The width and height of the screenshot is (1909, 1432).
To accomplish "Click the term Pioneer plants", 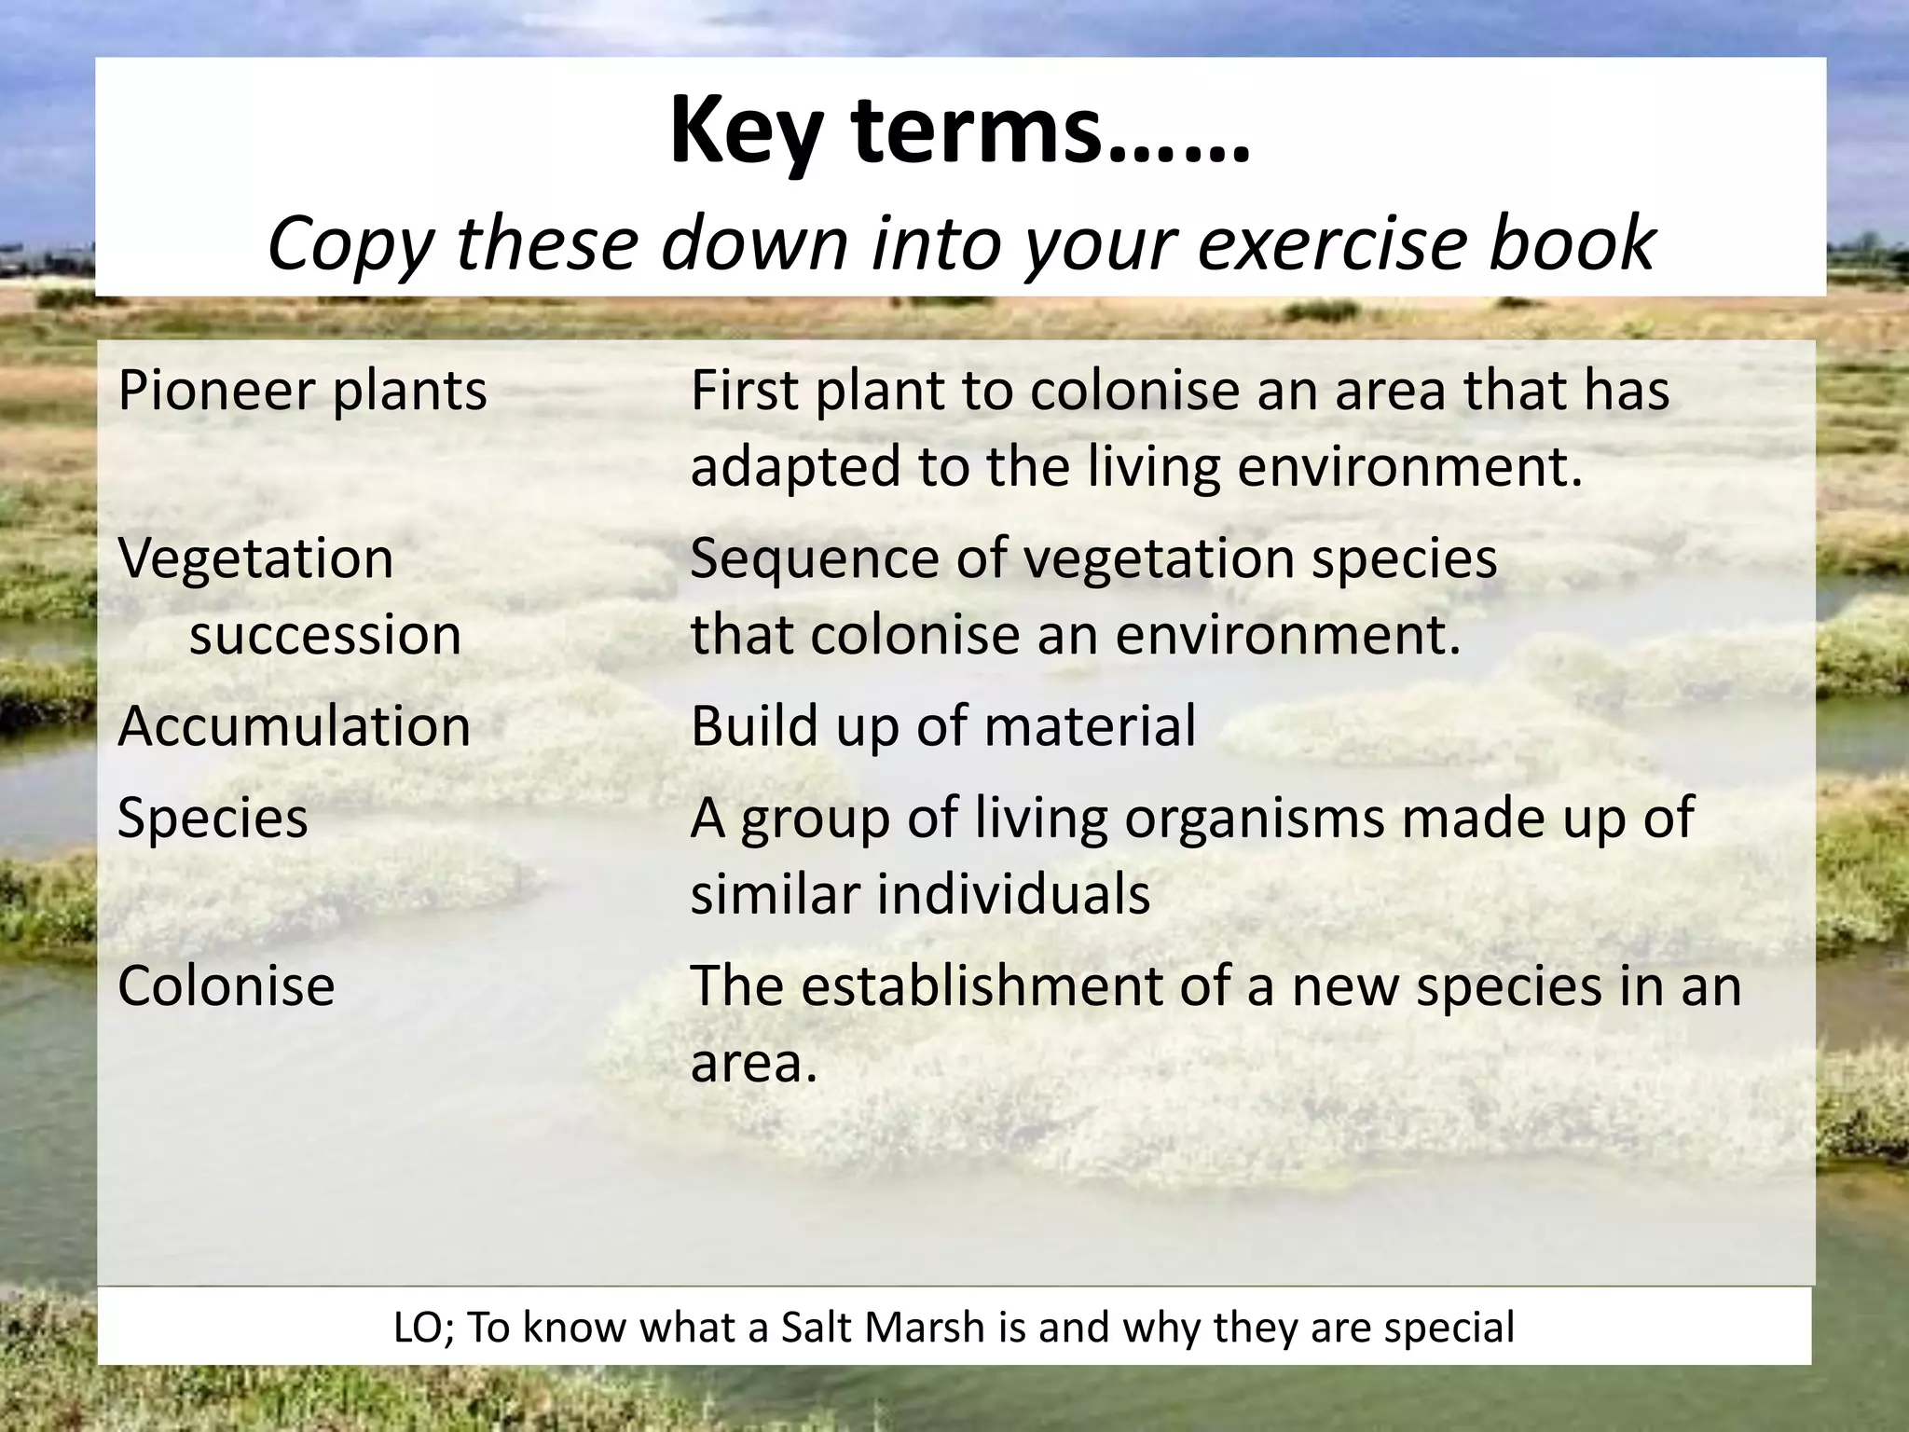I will tap(302, 391).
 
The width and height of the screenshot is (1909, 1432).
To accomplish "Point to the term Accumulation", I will tap(294, 726).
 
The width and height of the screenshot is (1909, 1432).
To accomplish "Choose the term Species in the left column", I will tap(213, 819).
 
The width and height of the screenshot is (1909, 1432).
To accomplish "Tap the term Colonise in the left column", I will tap(226, 986).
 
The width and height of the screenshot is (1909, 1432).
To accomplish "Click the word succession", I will tap(325, 636).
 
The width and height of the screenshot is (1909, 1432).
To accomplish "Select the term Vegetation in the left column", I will tap(255, 559).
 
